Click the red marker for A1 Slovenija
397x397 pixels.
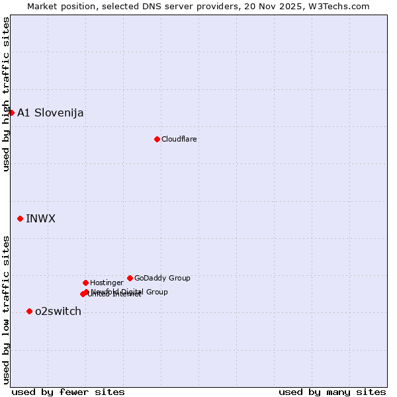[11, 112]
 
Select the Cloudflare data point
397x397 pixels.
[157, 139]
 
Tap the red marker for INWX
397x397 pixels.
[20, 218]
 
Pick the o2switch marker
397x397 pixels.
[29, 311]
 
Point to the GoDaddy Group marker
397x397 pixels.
[130, 278]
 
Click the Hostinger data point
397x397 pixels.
[85, 283]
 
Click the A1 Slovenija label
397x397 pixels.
[50, 112]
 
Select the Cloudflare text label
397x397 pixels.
[179, 139]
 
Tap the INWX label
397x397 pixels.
[40, 218]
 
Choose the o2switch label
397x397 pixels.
[58, 311]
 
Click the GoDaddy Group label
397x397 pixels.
[162, 278]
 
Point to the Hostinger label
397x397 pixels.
[107, 283]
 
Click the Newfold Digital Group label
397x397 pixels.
[129, 292]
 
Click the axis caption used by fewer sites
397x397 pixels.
[68, 392]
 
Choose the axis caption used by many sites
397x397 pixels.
[332, 392]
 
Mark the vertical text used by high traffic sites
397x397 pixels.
[6, 94]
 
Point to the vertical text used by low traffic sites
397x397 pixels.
[6, 310]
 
